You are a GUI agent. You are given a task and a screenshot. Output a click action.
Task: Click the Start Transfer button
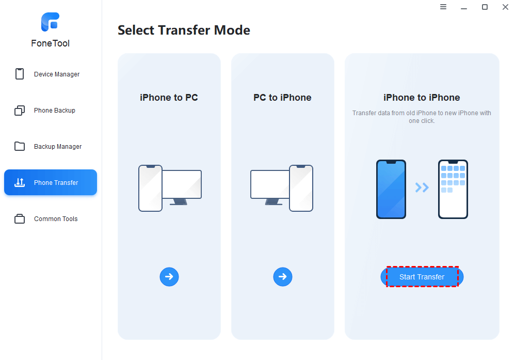tap(422, 277)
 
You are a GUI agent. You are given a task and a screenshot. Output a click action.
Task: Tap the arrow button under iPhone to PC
tap(169, 277)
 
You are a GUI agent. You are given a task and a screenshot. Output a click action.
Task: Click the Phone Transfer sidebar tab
tap(51, 182)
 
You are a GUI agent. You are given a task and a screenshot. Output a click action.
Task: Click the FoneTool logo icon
tap(50, 22)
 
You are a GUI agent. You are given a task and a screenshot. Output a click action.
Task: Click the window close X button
tap(505, 7)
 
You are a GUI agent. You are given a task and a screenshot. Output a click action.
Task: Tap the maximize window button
tap(485, 7)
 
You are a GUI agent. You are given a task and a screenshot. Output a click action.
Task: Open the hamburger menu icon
tap(443, 7)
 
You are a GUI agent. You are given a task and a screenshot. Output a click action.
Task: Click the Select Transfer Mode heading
tap(184, 30)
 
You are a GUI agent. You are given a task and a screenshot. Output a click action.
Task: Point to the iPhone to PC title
tap(169, 98)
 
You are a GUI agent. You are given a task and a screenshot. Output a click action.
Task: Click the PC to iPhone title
tap(282, 98)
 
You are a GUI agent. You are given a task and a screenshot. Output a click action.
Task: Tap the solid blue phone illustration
tap(391, 190)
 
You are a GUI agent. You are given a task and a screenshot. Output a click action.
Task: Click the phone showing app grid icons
tap(453, 190)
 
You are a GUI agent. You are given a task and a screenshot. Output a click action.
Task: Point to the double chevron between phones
tap(422, 187)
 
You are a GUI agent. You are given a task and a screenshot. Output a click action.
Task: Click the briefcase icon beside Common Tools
tap(20, 219)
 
